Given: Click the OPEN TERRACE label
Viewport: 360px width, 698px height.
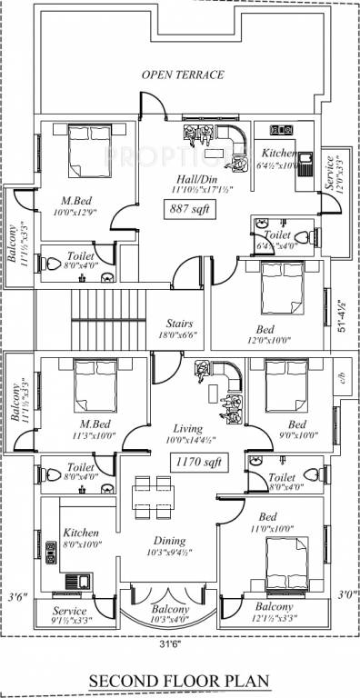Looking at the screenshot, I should pyautogui.click(x=181, y=75).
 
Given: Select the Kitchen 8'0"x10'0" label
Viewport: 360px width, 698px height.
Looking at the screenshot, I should pyautogui.click(x=80, y=538).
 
